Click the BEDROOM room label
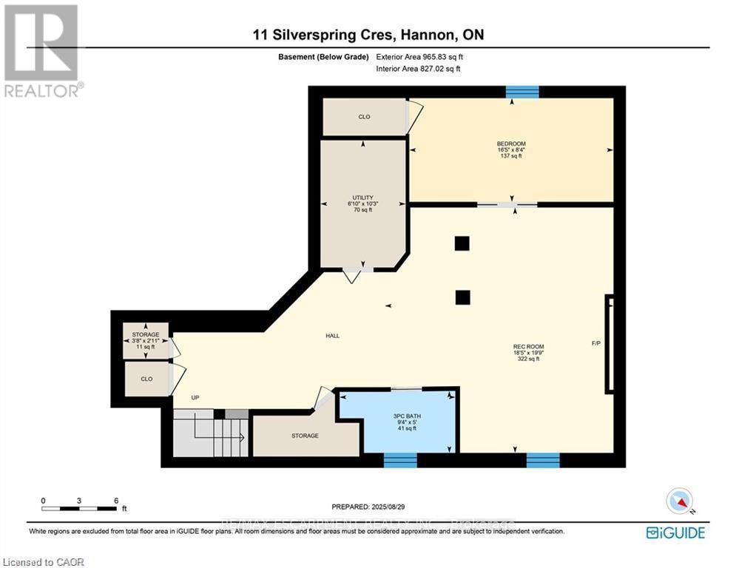coord(511,143)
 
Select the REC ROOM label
coord(528,346)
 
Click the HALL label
coord(332,336)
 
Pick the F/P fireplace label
coord(596,344)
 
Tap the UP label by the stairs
coord(195,398)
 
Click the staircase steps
coord(211,436)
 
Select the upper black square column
coord(462,243)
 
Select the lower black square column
coord(462,297)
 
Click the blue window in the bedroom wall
coord(522,92)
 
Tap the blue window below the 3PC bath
coord(400,460)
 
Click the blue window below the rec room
coord(542,460)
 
